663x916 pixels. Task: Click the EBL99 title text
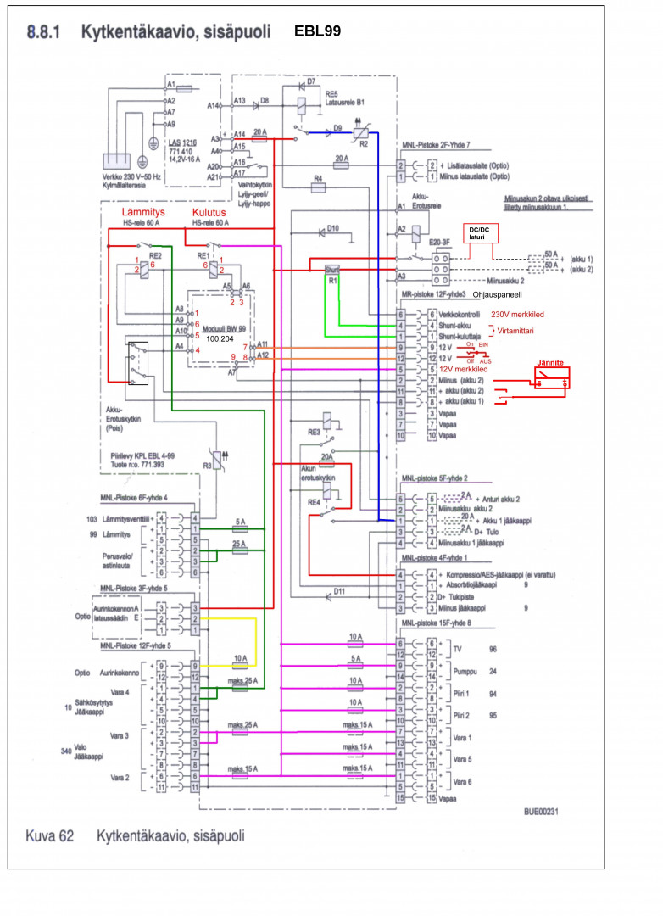point(317,32)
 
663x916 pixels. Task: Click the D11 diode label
point(339,590)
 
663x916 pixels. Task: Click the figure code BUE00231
point(541,811)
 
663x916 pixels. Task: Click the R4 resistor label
point(318,179)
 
